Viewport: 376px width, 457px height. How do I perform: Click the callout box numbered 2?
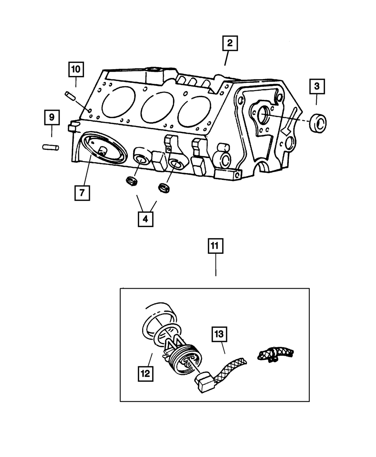(229, 44)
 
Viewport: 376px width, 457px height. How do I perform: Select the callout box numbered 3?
(317, 87)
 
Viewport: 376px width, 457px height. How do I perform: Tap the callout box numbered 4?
(146, 219)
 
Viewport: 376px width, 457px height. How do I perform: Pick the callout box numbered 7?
(82, 193)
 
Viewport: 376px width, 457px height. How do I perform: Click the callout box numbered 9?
(52, 117)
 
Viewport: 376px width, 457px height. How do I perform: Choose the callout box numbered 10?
(76, 69)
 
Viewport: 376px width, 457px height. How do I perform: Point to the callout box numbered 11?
(215, 247)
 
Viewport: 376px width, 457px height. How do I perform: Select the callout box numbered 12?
(146, 373)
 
